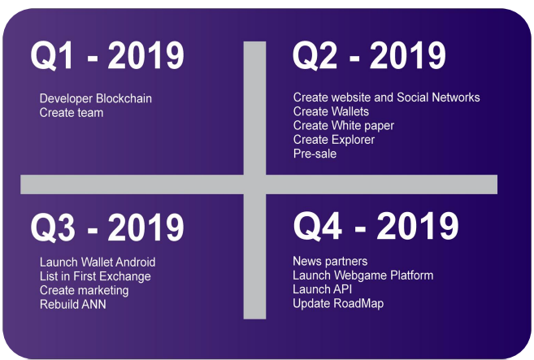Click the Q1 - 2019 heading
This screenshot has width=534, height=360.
pos(107,55)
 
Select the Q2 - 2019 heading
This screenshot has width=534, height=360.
pos(369,55)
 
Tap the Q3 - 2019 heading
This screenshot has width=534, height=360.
pos(107,228)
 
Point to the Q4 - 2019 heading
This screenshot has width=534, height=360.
pos(376,226)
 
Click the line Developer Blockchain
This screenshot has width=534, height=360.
pos(96,98)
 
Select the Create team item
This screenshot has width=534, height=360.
pos(72,113)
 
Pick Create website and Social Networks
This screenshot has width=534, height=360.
pos(387,98)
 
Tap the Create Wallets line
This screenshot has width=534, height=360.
pos(331,111)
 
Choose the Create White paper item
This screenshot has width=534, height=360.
pos(344,126)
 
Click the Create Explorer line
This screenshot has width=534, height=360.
pos(334,140)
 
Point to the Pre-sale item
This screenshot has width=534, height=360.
pos(315,154)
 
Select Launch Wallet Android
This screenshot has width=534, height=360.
pos(98,262)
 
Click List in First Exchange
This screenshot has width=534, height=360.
pos(95,276)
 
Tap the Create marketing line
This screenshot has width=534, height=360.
pos(84,291)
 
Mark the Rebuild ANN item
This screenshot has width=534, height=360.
pos(73,304)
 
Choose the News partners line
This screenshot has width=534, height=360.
pos(330,261)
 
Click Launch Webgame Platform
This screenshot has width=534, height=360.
pos(363,275)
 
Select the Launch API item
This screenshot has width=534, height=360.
pos(322,289)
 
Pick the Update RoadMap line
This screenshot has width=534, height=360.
pos(338,303)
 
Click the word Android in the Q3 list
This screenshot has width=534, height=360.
pos(136,262)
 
